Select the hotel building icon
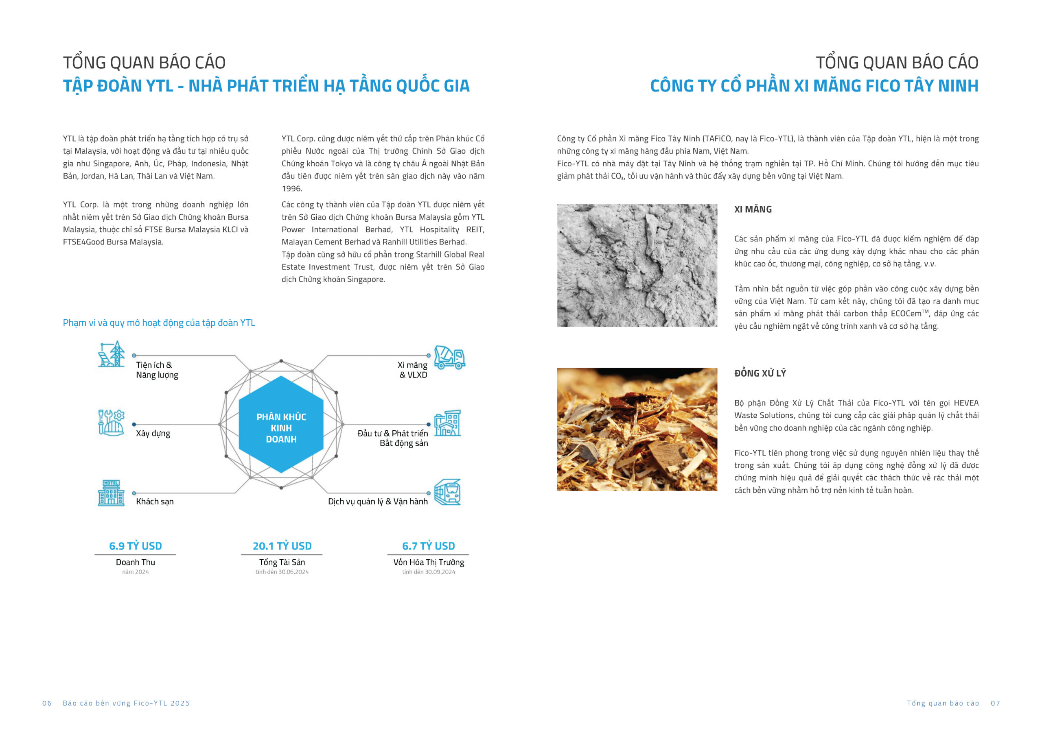point(111,493)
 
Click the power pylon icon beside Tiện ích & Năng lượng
point(112,354)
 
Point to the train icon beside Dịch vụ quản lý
point(447,492)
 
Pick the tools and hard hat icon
point(111,423)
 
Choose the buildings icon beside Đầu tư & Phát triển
point(447,423)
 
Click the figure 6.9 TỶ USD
point(135,546)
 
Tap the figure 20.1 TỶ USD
point(282,546)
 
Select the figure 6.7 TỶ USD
point(428,546)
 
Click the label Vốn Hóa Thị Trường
point(429,562)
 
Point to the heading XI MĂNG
point(753,209)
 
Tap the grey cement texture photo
point(637,266)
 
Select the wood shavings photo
point(637,430)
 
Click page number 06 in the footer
point(47,703)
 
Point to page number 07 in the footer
point(995,703)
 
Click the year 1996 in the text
point(291,189)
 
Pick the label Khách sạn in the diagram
point(155,502)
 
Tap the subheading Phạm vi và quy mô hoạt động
point(159,323)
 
